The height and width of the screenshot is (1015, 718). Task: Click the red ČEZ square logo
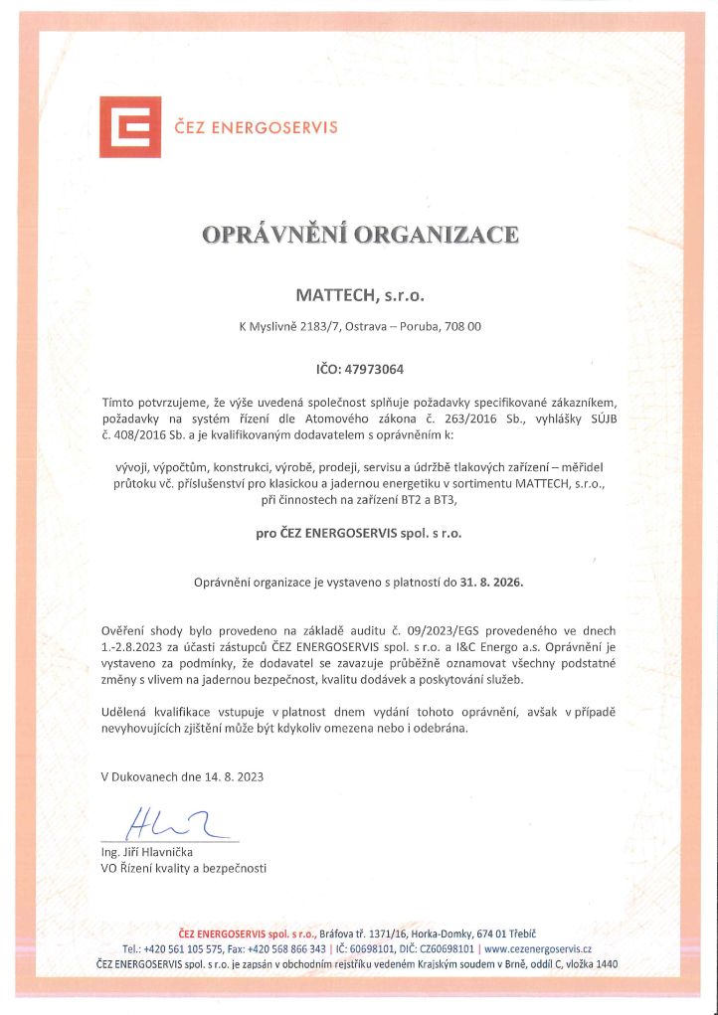click(x=129, y=128)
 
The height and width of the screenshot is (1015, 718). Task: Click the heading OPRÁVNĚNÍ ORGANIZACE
click(x=359, y=236)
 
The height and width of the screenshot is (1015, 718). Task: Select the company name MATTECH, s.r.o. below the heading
click(x=359, y=295)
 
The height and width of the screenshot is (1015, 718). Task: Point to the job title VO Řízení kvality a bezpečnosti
click(x=184, y=868)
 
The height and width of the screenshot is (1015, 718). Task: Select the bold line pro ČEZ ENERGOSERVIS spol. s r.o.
click(x=359, y=532)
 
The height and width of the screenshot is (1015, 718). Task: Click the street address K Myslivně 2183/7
click(x=290, y=326)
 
